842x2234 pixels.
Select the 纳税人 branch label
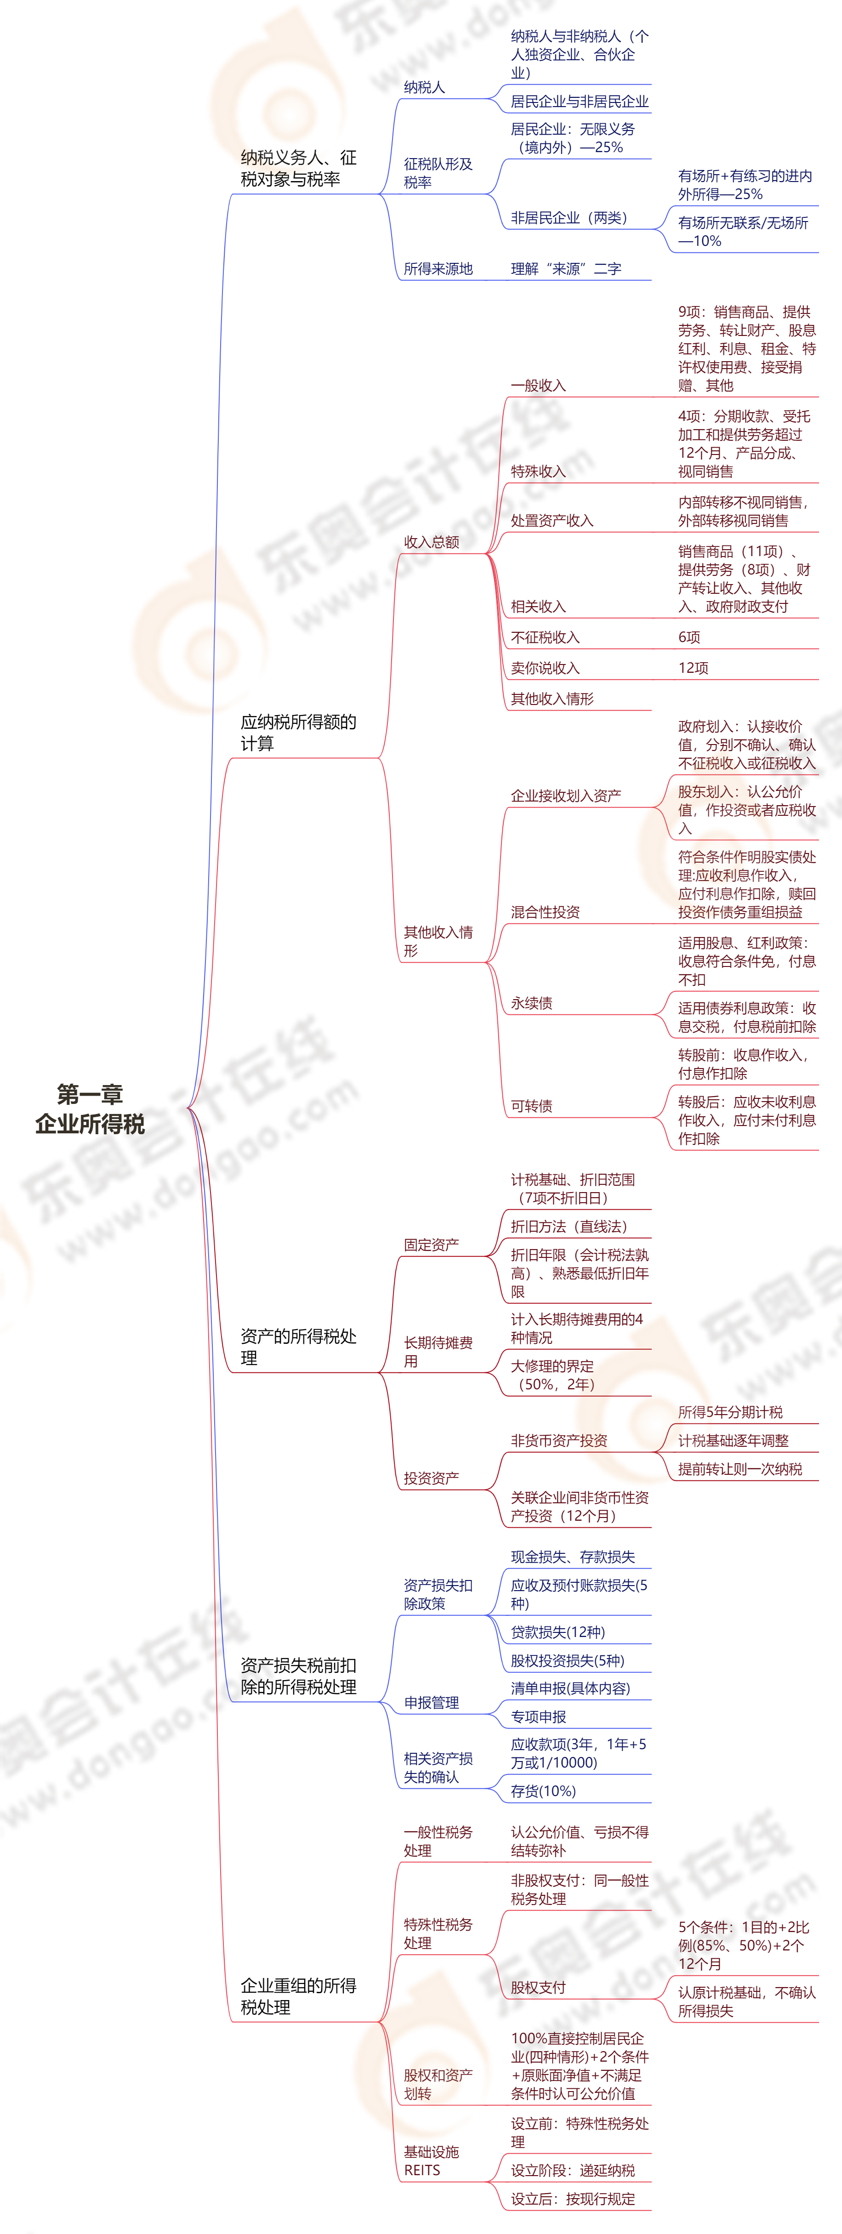pos(424,88)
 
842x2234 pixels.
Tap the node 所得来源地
pos(438,269)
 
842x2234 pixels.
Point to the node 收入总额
pos(431,542)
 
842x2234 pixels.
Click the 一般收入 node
pos(538,385)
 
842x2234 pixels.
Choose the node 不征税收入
pos(545,637)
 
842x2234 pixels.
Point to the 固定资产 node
pos(431,1245)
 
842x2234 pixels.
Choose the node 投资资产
pos(431,1478)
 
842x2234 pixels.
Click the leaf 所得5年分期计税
pos(730,1412)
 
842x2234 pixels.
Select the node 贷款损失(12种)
pos(558,1632)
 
